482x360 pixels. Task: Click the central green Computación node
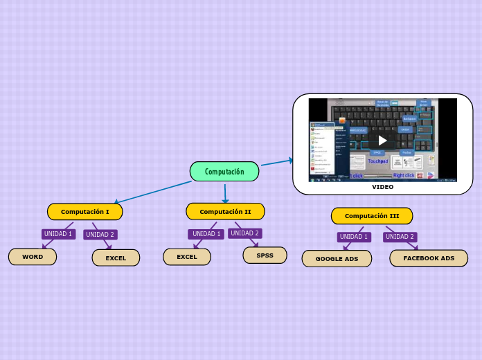coord(224,172)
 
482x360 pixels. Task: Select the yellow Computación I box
coord(84,212)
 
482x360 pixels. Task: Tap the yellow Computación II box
coord(225,212)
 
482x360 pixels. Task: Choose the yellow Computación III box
coord(372,216)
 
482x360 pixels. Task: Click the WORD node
coord(33,257)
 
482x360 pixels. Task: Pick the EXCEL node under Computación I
coord(116,258)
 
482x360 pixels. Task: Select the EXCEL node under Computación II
coord(187,257)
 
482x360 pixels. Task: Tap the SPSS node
coord(265,255)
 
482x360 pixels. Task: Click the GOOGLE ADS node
coord(337,259)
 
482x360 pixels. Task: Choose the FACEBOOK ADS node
coord(429,258)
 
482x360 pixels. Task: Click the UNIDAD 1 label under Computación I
coord(58,234)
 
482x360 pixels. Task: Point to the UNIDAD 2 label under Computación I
coord(100,235)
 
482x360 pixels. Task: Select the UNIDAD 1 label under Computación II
coord(206,234)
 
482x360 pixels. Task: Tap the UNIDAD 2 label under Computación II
coord(245,233)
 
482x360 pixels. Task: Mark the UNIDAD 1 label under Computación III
coord(354,237)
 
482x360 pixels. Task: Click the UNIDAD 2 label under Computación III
coord(400,237)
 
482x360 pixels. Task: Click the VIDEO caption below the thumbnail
coord(382,187)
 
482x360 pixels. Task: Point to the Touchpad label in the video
coord(377,161)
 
